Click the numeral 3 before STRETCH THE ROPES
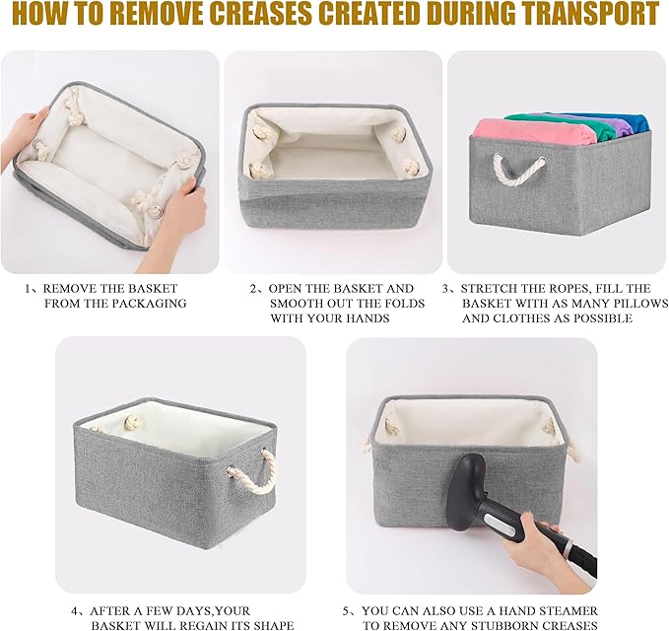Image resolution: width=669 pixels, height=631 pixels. coord(445,289)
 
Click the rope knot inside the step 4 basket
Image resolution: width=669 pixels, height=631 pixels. coord(130,423)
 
